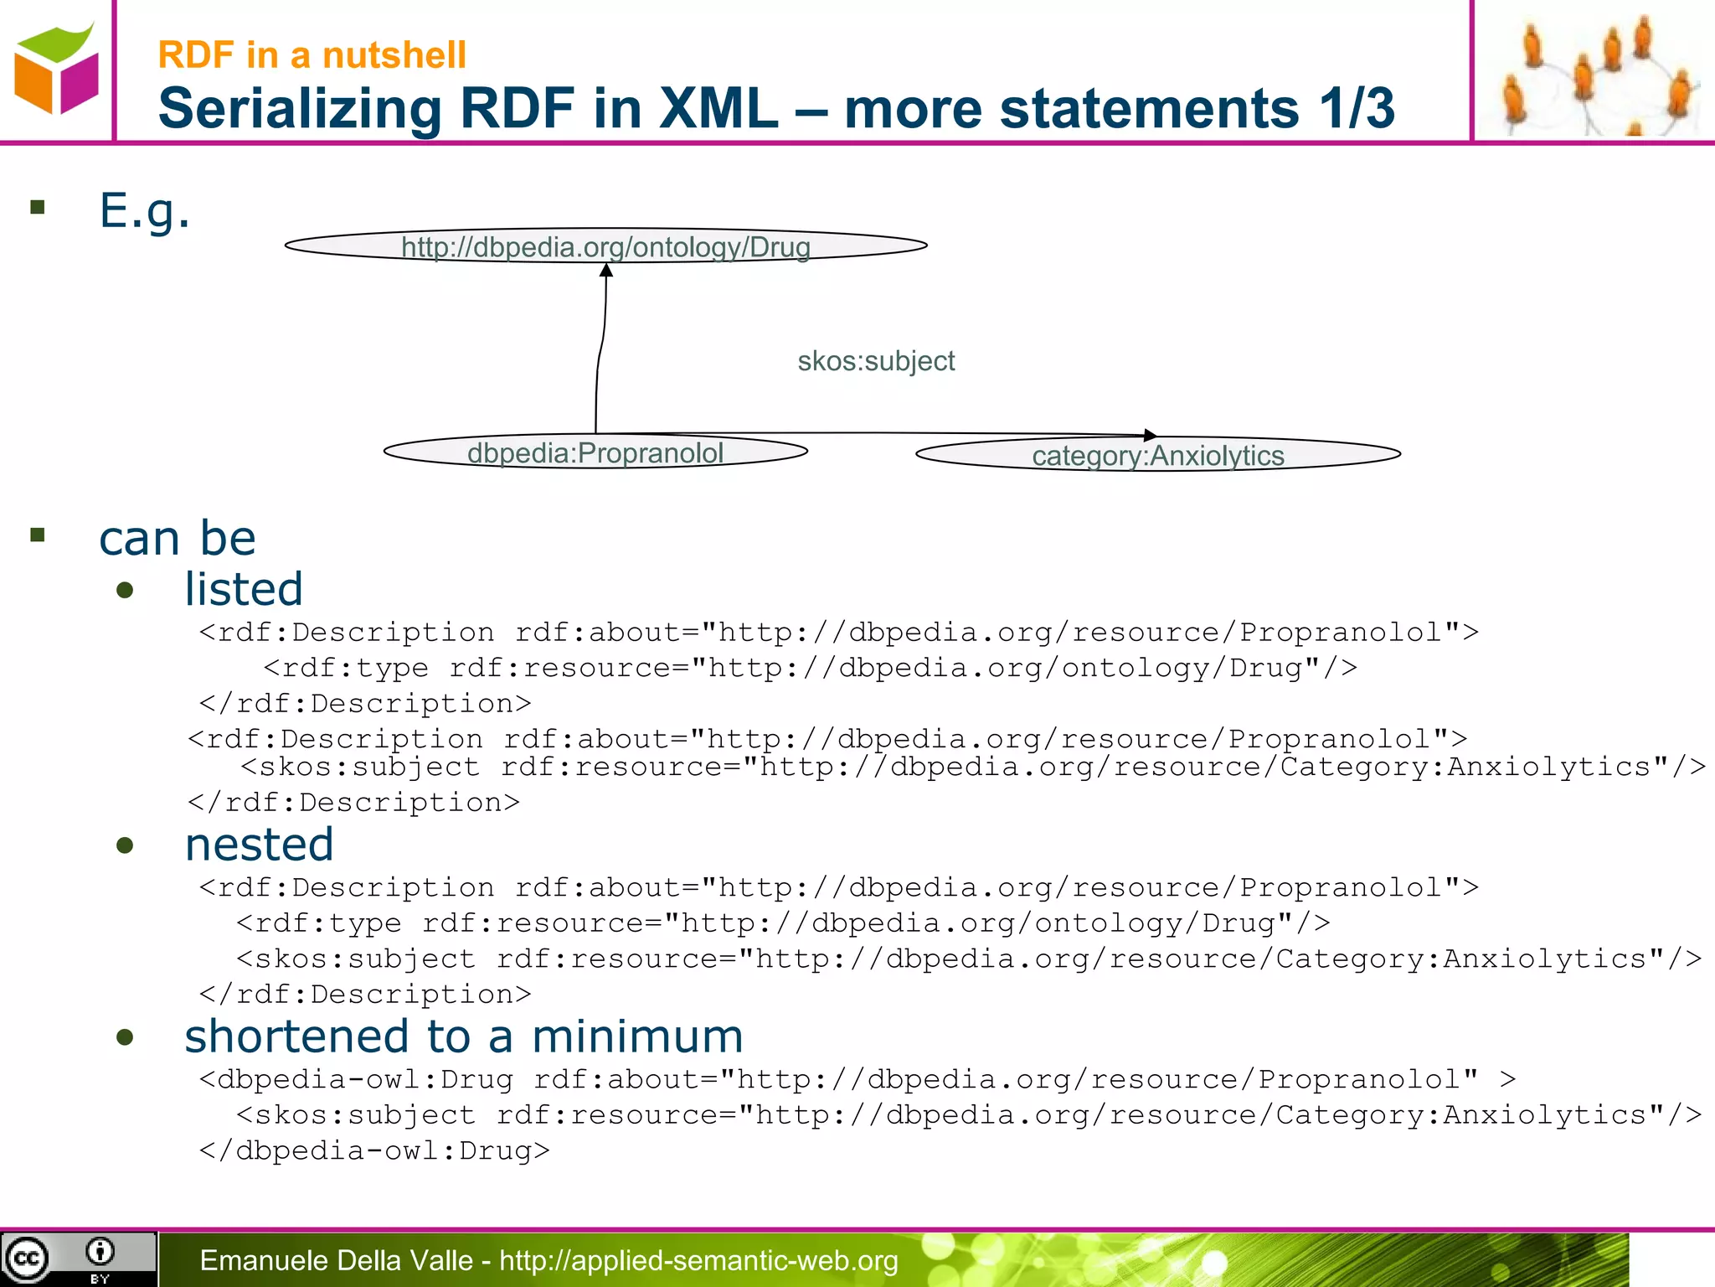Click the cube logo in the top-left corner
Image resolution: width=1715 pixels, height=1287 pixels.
56,70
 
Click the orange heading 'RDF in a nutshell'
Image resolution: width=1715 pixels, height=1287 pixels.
312,55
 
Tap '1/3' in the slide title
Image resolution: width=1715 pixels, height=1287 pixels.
1356,109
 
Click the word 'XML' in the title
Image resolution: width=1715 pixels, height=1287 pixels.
718,109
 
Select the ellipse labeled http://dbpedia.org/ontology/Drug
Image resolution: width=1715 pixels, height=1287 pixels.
605,246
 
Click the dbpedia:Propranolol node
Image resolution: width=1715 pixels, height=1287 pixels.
595,452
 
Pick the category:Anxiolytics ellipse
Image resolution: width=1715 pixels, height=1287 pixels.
1157,455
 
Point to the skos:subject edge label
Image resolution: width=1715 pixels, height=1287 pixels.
875,361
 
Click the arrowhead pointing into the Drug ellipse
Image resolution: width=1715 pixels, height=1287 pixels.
606,270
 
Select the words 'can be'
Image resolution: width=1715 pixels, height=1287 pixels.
177,538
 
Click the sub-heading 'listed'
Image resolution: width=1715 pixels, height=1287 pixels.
243,589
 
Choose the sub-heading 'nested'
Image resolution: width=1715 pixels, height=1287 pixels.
259,845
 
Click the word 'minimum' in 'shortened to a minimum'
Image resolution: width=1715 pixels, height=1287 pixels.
637,1036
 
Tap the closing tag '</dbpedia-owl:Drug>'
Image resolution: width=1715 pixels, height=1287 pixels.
374,1150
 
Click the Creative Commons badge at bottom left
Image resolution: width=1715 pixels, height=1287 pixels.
78,1259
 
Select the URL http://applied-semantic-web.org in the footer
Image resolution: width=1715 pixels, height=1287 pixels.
698,1260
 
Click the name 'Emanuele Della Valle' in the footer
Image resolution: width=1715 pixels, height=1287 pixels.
337,1260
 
